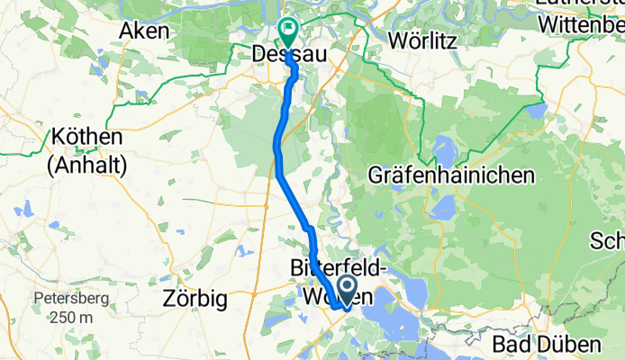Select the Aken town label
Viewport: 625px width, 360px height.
pyautogui.click(x=144, y=31)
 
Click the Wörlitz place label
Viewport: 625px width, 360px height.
pyautogui.click(x=422, y=40)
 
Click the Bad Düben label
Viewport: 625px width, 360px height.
pyautogui.click(x=547, y=345)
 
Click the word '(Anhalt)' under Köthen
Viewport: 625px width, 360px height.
pyautogui.click(x=87, y=166)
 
